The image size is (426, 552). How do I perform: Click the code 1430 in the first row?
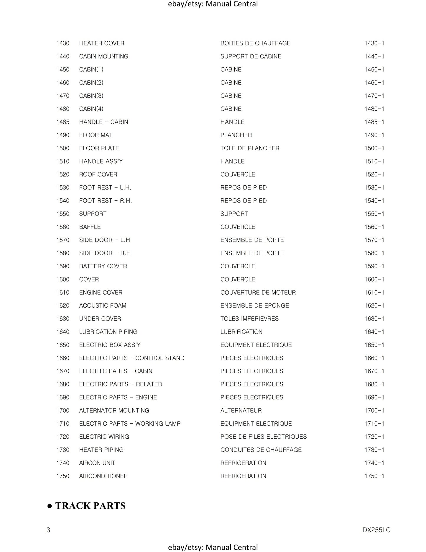pos(63,43)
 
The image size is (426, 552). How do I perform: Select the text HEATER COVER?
pos(102,43)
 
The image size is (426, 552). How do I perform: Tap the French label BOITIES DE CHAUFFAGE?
pos(255,43)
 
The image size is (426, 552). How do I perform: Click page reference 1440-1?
pos(374,56)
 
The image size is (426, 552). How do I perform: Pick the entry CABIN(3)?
pos(91,96)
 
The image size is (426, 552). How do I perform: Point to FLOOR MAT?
pos(96,135)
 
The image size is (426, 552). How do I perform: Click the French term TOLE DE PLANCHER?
pos(250,148)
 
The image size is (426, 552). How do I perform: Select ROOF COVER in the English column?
pos(98,174)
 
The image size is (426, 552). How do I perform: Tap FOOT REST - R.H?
pos(106,201)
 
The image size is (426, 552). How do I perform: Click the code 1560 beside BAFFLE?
pos(63,227)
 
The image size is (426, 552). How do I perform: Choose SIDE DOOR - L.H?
pos(105,240)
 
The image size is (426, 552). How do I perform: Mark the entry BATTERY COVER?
pos(103,266)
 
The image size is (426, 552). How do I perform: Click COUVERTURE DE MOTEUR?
pos(258,293)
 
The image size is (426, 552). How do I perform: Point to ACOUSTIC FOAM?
pos(103,306)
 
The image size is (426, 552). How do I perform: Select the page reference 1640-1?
pos(374,332)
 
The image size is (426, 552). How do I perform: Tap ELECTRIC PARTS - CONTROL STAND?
pos(132,358)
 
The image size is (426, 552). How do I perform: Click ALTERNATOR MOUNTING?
pos(114,411)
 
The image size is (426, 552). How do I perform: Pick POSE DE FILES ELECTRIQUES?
pos(264,437)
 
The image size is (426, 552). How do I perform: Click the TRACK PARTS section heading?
pos(90,506)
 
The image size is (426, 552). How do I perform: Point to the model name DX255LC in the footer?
pos(376,530)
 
